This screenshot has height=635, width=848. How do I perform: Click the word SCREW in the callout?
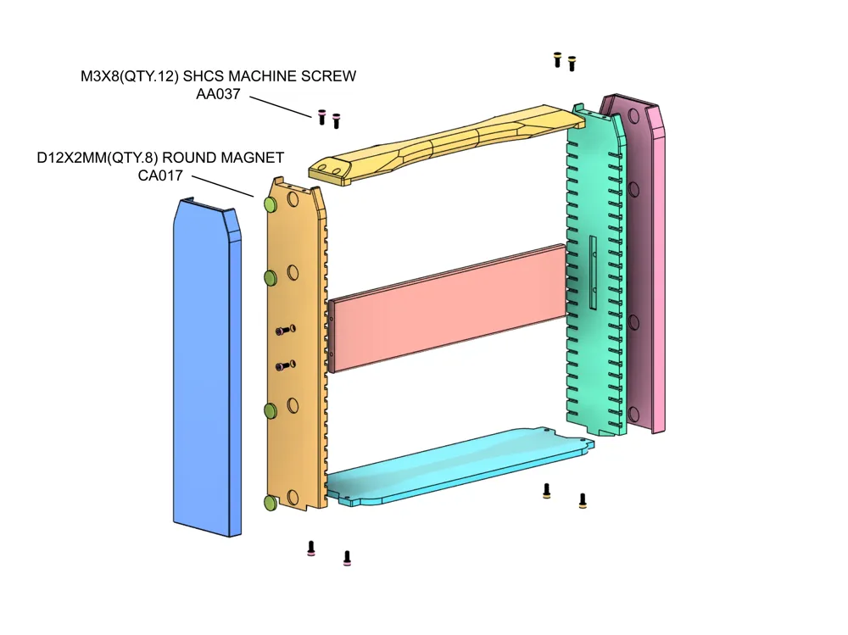point(326,76)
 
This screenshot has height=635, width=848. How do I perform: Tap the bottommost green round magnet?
point(271,504)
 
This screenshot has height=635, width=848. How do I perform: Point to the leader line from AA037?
point(281,108)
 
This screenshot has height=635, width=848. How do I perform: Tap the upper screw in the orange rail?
point(285,330)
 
